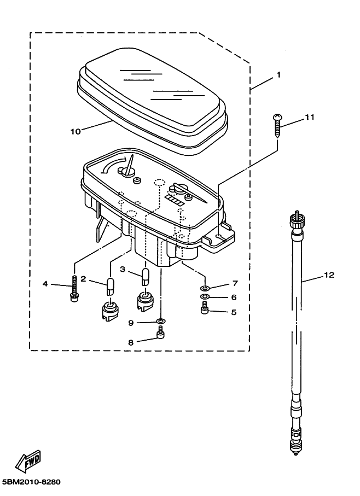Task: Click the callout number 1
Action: click(278, 75)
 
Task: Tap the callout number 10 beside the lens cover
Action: click(76, 131)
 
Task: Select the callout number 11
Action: click(309, 118)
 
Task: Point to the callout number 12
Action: click(329, 275)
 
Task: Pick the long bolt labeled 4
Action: click(74, 289)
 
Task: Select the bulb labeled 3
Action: click(145, 277)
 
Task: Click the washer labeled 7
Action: click(205, 289)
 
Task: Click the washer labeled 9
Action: click(161, 322)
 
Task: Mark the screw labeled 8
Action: click(161, 332)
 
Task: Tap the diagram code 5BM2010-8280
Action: click(31, 482)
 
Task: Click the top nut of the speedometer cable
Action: click(297, 220)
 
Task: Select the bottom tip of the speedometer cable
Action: click(295, 455)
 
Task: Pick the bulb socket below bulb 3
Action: click(145, 301)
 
